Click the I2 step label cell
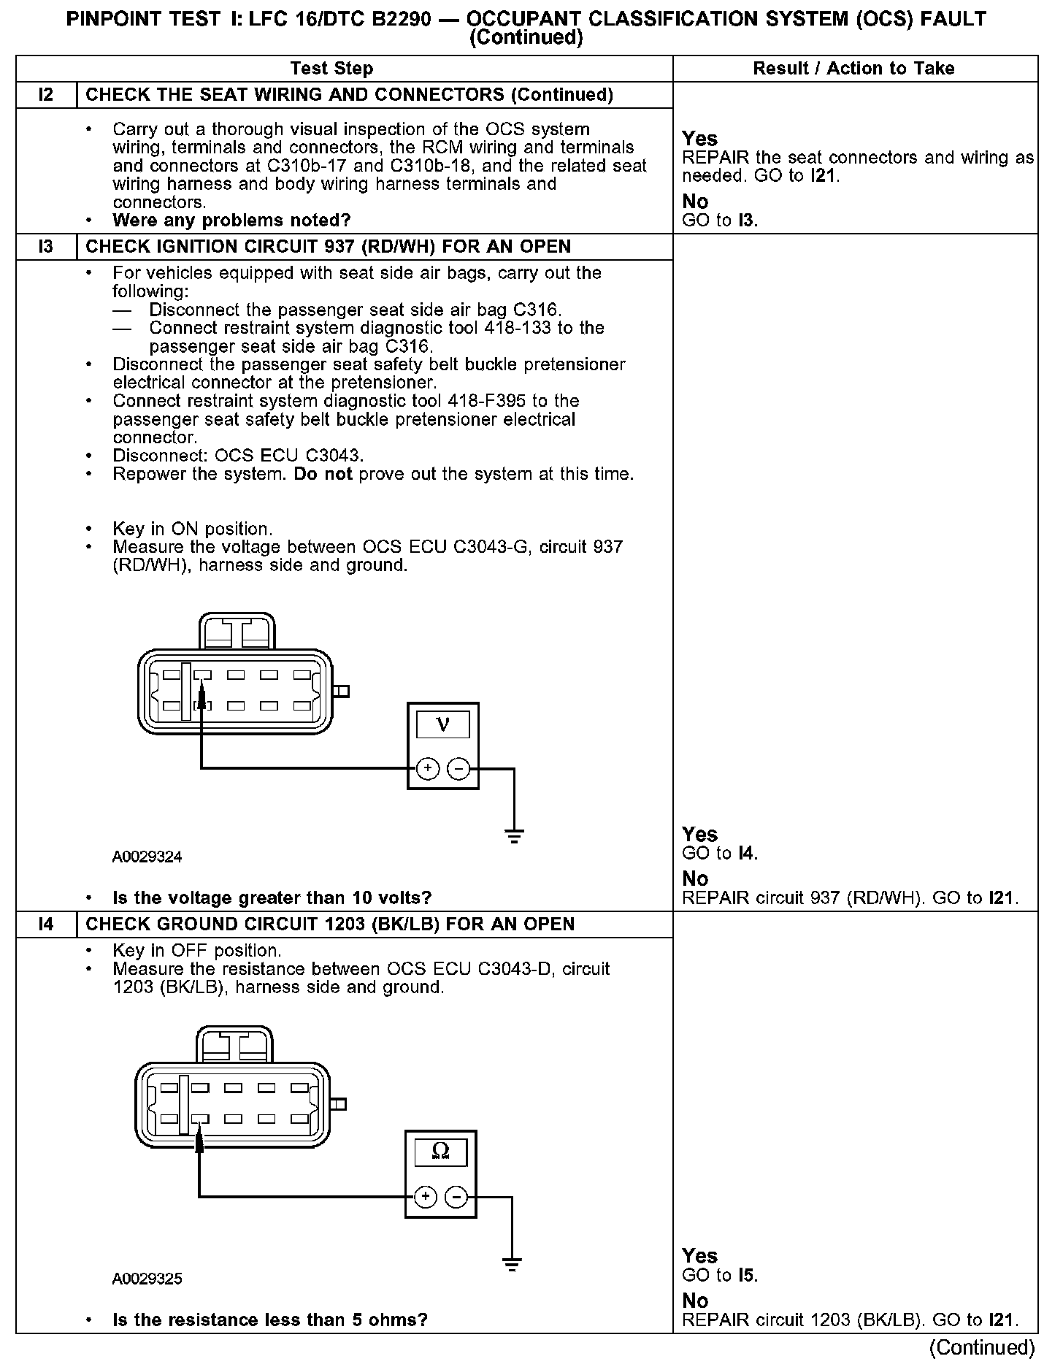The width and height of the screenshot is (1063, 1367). point(46,95)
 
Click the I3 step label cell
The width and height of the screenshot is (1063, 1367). point(46,247)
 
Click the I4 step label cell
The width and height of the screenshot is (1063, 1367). point(46,924)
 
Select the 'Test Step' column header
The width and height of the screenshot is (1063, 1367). point(331,69)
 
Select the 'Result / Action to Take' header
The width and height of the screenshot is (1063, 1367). point(853,69)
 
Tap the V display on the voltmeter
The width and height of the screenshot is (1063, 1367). point(442,724)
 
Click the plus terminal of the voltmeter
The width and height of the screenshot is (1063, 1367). point(427,768)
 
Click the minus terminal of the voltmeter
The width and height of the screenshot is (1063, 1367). point(458,768)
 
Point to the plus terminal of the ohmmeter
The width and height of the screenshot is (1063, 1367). point(425,1197)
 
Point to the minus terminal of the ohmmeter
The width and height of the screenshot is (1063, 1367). point(456,1197)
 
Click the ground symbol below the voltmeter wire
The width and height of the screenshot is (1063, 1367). point(514,836)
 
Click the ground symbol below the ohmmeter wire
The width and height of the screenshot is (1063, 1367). point(512,1265)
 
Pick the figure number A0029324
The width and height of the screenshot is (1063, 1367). point(147,857)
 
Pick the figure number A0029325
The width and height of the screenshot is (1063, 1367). point(147,1279)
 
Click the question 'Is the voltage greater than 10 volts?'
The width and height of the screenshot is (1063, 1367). point(272,897)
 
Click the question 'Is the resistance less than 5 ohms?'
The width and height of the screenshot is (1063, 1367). point(269,1320)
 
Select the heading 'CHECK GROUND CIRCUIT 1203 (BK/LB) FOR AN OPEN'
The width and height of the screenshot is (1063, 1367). point(330,924)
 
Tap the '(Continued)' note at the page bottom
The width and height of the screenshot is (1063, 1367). point(983,1347)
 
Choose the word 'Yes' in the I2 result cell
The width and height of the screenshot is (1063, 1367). point(699,139)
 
